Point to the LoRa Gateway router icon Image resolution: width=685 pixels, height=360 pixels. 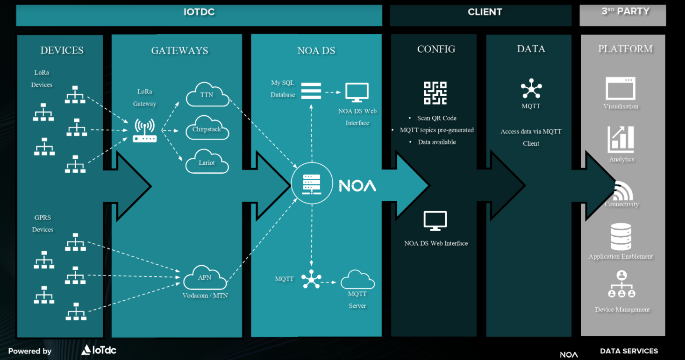(144, 131)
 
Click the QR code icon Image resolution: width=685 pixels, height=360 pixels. (435, 93)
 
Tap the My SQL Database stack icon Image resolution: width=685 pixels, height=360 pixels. (311, 91)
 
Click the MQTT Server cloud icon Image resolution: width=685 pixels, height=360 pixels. (357, 280)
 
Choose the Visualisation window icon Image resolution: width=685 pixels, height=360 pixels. (621, 88)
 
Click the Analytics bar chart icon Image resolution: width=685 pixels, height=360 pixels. (621, 139)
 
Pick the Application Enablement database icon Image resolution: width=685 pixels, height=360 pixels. (621, 237)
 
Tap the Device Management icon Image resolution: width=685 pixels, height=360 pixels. (621, 286)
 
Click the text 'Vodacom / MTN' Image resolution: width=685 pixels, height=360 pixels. (205, 295)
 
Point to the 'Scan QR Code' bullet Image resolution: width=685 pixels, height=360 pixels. (436, 118)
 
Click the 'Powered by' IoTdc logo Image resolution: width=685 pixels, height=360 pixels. (99, 350)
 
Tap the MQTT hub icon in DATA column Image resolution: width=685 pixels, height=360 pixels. (531, 89)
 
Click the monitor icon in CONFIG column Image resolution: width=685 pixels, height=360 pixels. (435, 221)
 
